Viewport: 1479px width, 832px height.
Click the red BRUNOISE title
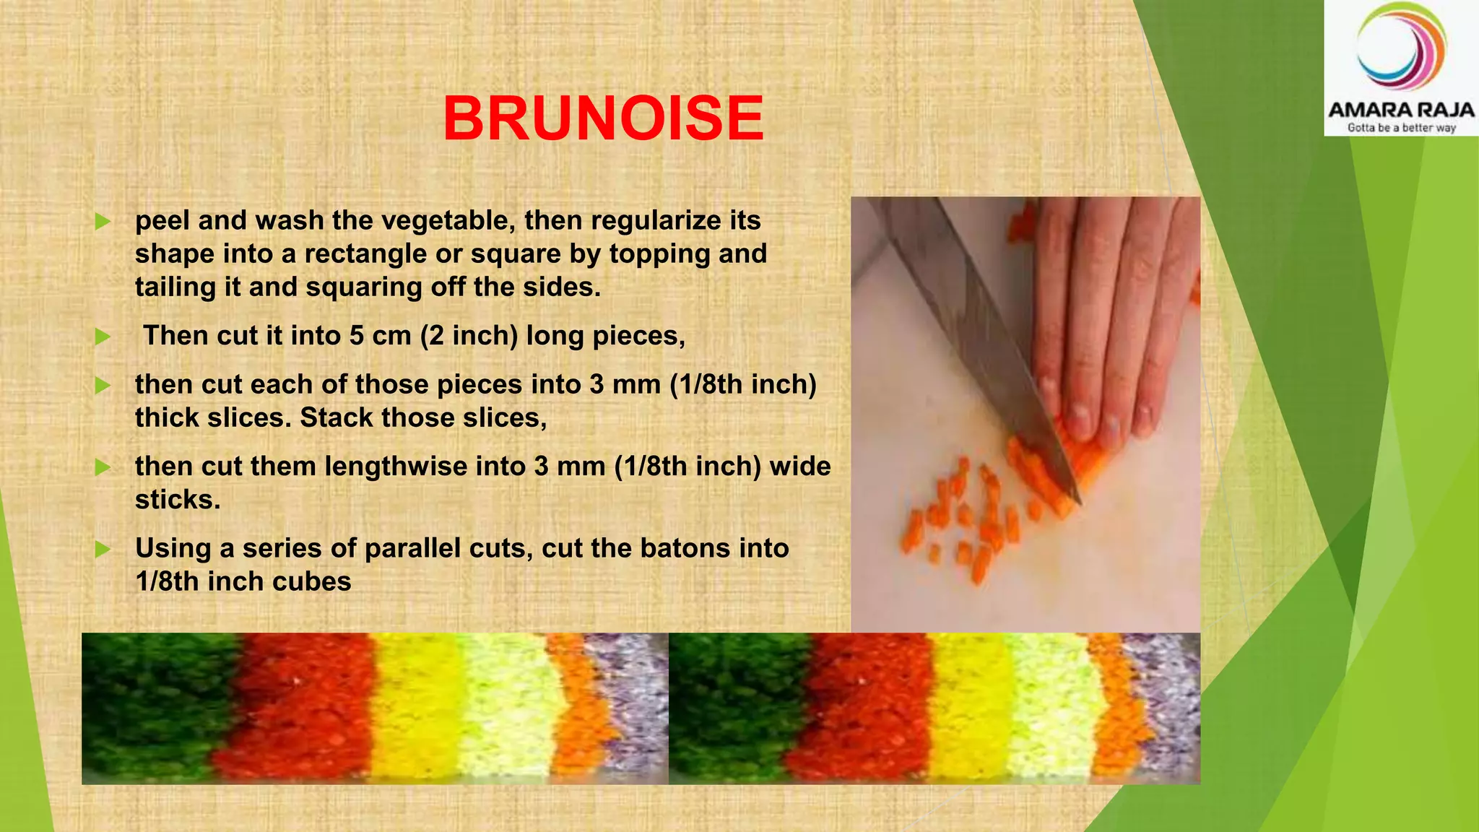tap(603, 118)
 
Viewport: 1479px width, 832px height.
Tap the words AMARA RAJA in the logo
tap(1401, 110)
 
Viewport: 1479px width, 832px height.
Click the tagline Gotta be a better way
tap(1401, 128)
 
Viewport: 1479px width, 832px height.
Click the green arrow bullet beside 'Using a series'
tap(103, 549)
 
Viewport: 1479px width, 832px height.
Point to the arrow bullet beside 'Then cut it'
tap(103, 337)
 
